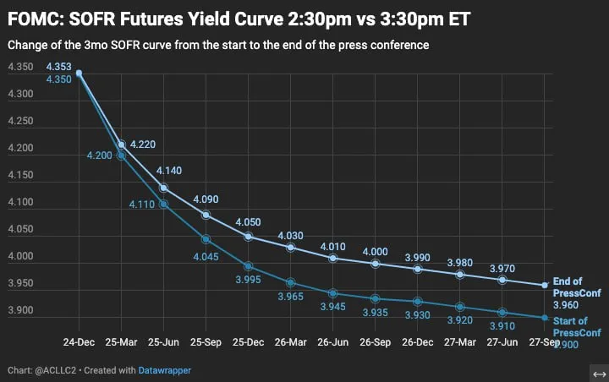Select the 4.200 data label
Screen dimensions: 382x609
coord(99,156)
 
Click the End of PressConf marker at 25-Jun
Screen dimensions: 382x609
coord(164,188)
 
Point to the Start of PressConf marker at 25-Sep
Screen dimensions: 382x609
coord(206,240)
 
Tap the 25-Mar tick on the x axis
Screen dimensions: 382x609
coord(122,343)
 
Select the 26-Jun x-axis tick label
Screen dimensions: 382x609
coord(333,343)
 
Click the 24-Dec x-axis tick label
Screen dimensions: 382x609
coord(80,343)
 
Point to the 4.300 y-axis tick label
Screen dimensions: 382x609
coord(19,95)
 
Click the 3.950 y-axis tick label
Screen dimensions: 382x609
coord(19,284)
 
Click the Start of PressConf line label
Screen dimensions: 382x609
coord(570,326)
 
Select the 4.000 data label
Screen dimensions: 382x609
coord(376,251)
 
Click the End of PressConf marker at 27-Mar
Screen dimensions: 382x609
coord(460,275)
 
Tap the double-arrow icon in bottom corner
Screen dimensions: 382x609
coord(599,374)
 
